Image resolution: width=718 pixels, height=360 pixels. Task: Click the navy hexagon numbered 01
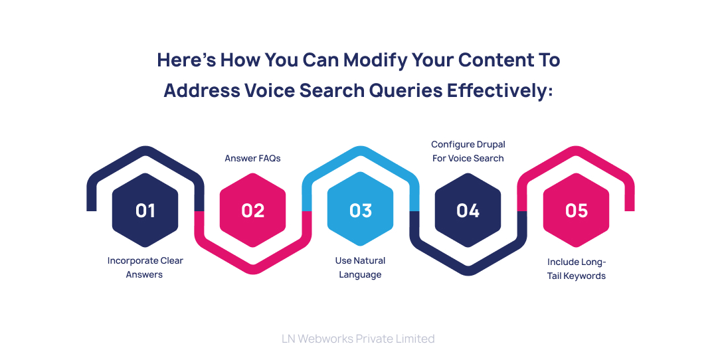[x=145, y=211]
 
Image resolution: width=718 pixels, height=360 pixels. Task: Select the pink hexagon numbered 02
[x=252, y=211]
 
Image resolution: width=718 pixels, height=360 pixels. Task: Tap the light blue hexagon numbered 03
[x=360, y=211]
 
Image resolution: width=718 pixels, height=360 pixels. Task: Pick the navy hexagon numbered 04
[x=468, y=211]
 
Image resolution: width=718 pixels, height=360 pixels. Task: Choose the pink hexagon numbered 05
[x=576, y=211]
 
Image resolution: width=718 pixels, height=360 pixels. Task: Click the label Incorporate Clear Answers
[x=145, y=268]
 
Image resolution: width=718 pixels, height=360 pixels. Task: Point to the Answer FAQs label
[x=252, y=158]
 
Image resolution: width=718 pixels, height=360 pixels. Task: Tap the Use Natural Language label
[x=360, y=268]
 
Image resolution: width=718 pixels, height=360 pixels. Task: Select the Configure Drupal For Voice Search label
[x=468, y=151]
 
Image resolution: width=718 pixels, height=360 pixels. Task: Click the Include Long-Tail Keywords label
[x=576, y=269]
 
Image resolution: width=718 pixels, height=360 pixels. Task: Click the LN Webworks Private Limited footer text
[x=358, y=339]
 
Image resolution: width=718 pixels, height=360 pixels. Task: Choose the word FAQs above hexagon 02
[x=268, y=158]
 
